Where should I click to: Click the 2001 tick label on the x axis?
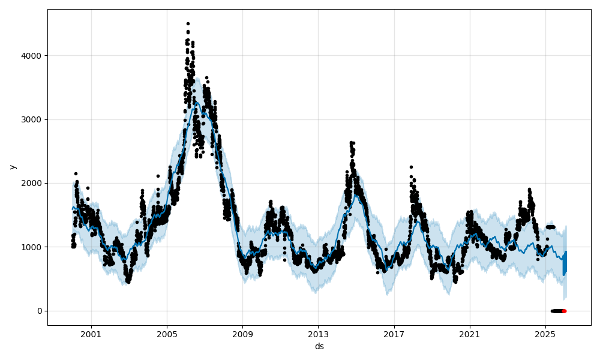tap(91, 334)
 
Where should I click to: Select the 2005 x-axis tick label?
tap(167, 334)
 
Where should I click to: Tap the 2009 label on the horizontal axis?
tap(242, 334)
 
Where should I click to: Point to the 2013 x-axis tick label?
tap(318, 334)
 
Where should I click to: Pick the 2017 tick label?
tap(394, 334)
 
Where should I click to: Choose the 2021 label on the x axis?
tap(469, 334)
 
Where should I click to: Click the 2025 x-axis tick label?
tap(545, 334)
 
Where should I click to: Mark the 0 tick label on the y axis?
tap(40, 311)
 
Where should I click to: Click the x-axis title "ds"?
tap(319, 346)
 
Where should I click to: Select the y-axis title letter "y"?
tap(13, 167)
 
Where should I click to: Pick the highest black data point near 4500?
tap(188, 23)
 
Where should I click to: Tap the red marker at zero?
tap(564, 311)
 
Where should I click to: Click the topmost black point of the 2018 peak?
tap(411, 167)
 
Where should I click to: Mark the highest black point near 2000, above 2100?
tap(76, 173)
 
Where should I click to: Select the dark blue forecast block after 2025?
tap(565, 264)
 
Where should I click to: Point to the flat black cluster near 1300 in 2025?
tap(550, 227)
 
